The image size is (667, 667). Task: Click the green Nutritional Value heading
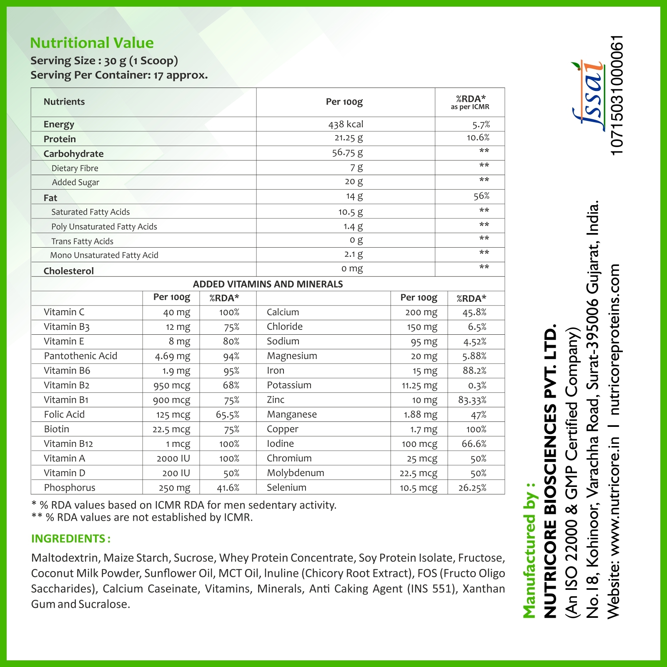point(92,43)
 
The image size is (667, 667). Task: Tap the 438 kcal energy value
point(346,124)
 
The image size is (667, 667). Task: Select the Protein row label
point(60,139)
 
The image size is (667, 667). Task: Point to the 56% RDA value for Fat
point(481,196)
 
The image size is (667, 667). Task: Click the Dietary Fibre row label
point(75,168)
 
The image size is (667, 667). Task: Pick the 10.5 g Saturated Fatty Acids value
point(350,212)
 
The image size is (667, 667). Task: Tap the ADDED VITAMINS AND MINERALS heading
point(268,284)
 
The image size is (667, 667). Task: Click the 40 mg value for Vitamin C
point(176,312)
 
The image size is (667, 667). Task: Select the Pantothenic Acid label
point(80,356)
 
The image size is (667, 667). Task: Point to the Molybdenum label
point(295,473)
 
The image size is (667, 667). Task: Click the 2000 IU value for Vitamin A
point(173,459)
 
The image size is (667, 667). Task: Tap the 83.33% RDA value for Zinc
point(472,400)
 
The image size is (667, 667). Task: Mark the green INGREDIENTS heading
point(70,539)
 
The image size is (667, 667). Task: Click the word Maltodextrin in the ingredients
point(65,558)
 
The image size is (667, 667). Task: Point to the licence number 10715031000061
point(617,95)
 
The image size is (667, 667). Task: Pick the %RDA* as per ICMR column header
point(470,102)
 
